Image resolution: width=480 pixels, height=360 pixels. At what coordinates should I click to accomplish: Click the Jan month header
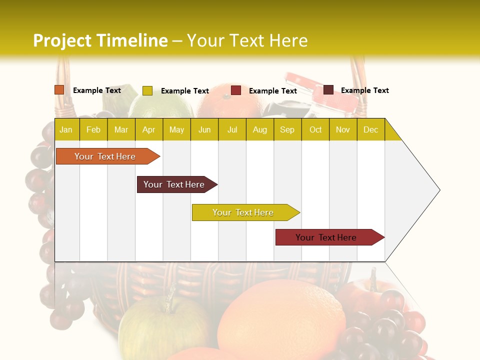pyautogui.click(x=66, y=130)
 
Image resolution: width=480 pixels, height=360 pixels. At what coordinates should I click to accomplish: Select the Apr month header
pyautogui.click(x=149, y=130)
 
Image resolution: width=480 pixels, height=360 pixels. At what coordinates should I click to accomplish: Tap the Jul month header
pyautogui.click(x=232, y=130)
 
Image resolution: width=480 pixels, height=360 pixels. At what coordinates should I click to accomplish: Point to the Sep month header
pyautogui.click(x=287, y=130)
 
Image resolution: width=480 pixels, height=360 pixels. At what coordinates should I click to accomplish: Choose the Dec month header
pyautogui.click(x=370, y=130)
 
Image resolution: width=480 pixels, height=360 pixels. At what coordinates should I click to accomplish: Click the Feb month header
pyautogui.click(x=93, y=130)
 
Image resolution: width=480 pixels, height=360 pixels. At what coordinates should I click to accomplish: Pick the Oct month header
pyautogui.click(x=315, y=130)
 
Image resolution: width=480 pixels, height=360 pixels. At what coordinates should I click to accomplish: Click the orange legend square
pyautogui.click(x=59, y=90)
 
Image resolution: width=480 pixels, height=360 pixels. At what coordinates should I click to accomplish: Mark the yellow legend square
pyautogui.click(x=147, y=90)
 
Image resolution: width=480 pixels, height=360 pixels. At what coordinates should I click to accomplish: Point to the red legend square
pyautogui.click(x=236, y=90)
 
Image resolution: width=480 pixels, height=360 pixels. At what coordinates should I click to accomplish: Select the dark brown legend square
pyautogui.click(x=328, y=90)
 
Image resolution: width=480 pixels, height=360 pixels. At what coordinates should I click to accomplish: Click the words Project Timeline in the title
pyautogui.click(x=100, y=40)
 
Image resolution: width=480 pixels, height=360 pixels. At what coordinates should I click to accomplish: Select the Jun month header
pyautogui.click(x=204, y=130)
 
